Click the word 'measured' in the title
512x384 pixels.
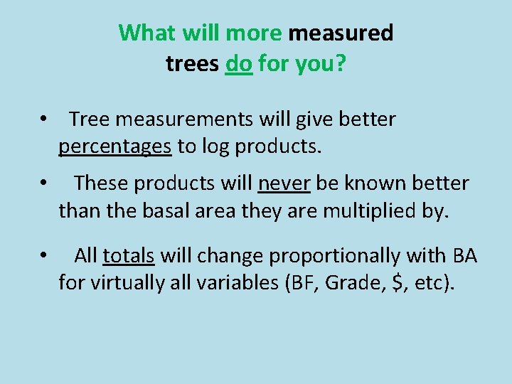[341, 33]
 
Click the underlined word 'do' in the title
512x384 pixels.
[239, 64]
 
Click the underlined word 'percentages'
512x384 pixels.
[115, 146]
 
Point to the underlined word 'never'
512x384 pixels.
[284, 183]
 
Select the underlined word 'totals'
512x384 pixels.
[129, 255]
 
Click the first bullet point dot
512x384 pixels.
[44, 119]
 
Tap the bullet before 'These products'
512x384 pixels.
[44, 183]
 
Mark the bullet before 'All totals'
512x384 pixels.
[44, 255]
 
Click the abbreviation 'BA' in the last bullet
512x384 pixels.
[463, 255]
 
